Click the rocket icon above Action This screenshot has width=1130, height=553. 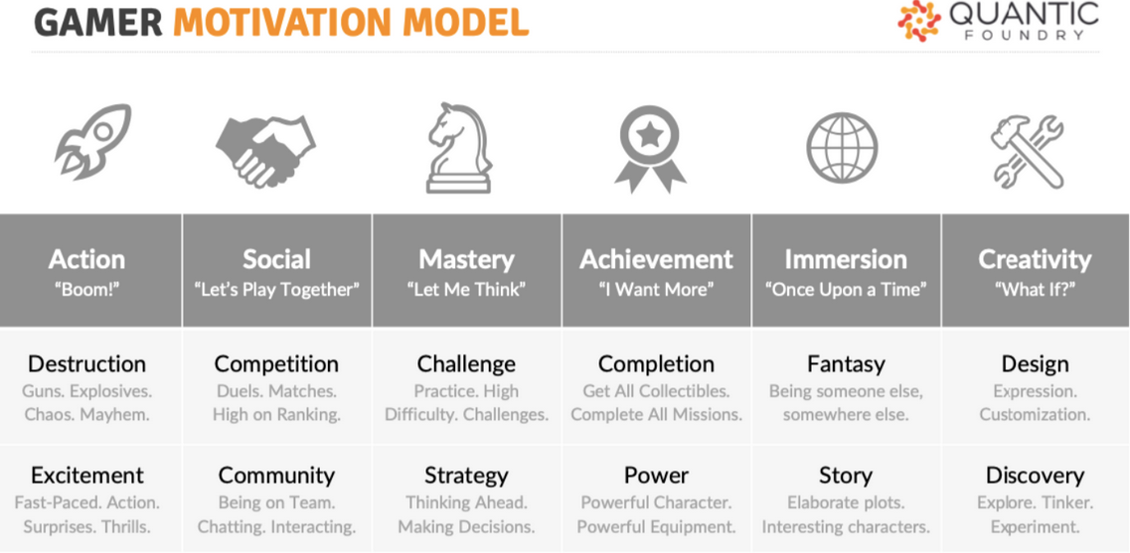92,141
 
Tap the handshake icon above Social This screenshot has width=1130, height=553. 265,148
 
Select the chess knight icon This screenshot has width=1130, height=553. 458,148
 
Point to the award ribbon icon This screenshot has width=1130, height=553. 650,149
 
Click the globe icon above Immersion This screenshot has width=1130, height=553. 842,148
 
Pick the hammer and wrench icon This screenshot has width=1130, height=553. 1027,152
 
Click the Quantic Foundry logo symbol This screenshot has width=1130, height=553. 919,21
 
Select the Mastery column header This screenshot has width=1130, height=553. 467,259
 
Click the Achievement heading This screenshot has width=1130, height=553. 657,259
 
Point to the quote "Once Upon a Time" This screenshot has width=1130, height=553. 846,290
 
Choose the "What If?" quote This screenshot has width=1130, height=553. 1035,290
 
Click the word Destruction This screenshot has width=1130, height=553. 87,363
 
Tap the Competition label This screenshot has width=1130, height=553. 276,363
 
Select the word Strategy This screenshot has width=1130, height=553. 466,476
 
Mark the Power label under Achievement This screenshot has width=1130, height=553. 656,476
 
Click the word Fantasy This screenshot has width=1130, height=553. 846,364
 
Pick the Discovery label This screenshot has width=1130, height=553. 1035,476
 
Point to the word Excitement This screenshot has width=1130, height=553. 87,476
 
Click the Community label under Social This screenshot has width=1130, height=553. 276,476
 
